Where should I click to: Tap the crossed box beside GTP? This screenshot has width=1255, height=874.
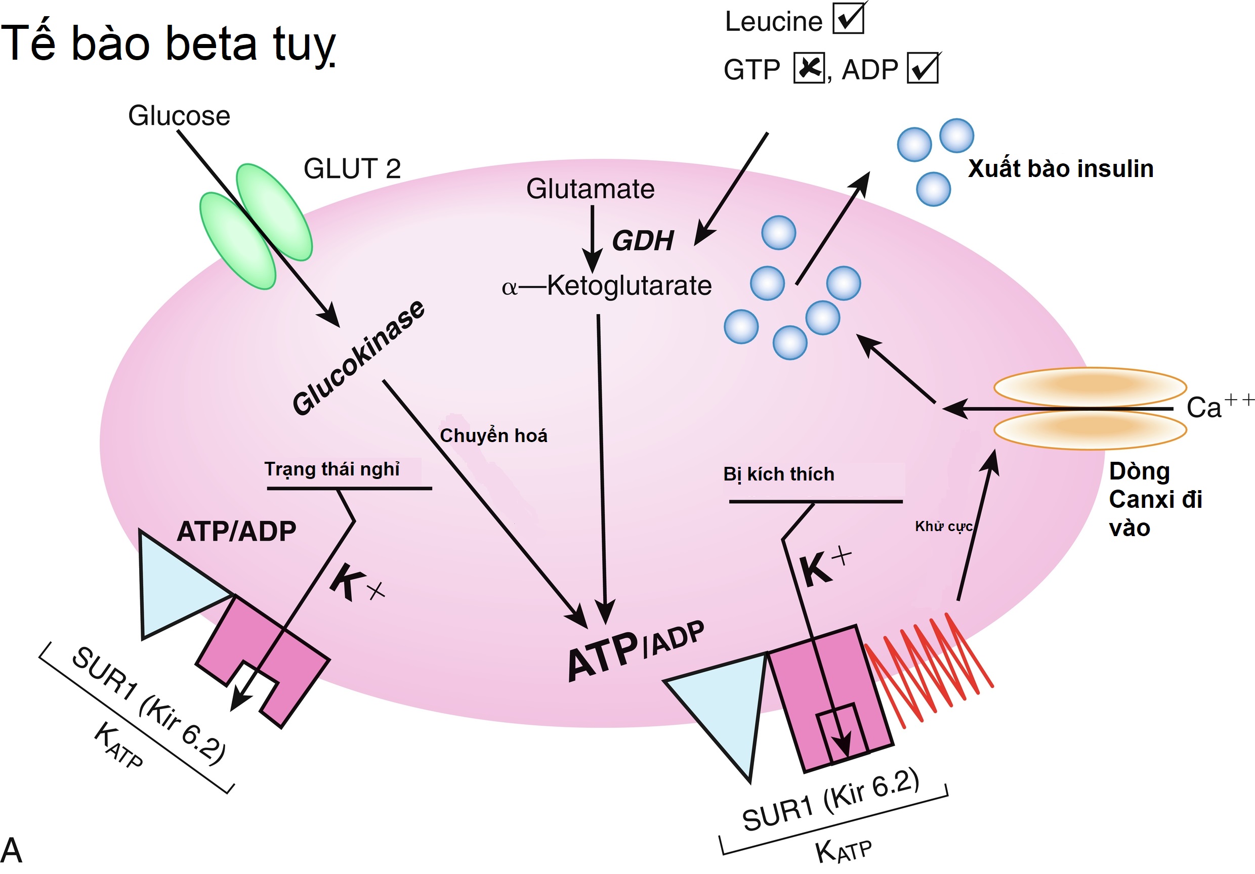point(809,68)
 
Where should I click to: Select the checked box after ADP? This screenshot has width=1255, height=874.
point(923,68)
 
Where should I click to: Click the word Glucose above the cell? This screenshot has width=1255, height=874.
point(179,116)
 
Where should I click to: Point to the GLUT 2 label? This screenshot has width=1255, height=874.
point(352,169)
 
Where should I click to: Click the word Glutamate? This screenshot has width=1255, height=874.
point(591,189)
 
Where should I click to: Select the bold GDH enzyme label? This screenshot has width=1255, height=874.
point(643,241)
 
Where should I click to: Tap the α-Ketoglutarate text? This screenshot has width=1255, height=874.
point(607,286)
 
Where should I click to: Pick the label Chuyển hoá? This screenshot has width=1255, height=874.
point(493,436)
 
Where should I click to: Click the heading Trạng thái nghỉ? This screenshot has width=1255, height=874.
point(332,469)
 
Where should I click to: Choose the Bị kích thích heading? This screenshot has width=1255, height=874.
point(779,474)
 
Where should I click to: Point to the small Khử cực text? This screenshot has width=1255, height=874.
point(943,527)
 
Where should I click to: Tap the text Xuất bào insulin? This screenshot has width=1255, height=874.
point(1060,169)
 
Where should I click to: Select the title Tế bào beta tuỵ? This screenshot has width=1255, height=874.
point(169,43)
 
